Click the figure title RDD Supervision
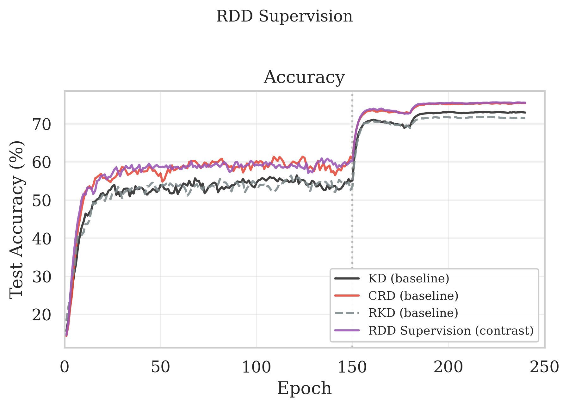284,16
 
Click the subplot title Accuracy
304,77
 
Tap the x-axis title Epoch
304,388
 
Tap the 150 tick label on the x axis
352,367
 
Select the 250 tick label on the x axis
544,367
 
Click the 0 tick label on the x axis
65,367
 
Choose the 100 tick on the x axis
257,367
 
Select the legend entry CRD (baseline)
413,296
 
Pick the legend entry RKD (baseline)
413,313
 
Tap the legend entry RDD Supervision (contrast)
451,330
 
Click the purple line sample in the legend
347,330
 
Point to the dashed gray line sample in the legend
347,313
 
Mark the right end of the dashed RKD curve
525,118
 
